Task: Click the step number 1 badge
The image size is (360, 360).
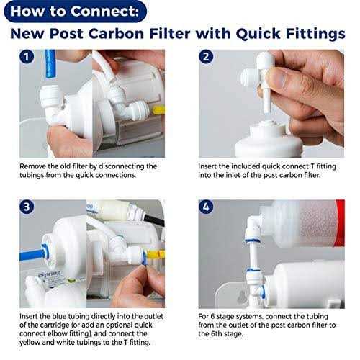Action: tap(27, 57)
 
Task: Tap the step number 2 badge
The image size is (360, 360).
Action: tap(206, 57)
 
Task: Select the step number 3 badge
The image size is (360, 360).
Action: tap(27, 207)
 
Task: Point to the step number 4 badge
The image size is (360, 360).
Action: tap(206, 207)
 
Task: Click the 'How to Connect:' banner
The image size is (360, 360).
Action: tap(75, 12)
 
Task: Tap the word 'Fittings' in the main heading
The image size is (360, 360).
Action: tap(315, 34)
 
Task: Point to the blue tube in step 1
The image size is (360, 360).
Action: tap(50, 64)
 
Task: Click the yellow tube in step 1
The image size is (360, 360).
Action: tap(159, 110)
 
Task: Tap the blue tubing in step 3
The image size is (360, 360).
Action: tap(32, 255)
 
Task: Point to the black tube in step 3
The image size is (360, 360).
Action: tap(154, 220)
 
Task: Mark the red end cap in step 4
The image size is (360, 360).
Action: tap(340, 222)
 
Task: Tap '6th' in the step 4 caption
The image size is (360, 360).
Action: tap(215, 333)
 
